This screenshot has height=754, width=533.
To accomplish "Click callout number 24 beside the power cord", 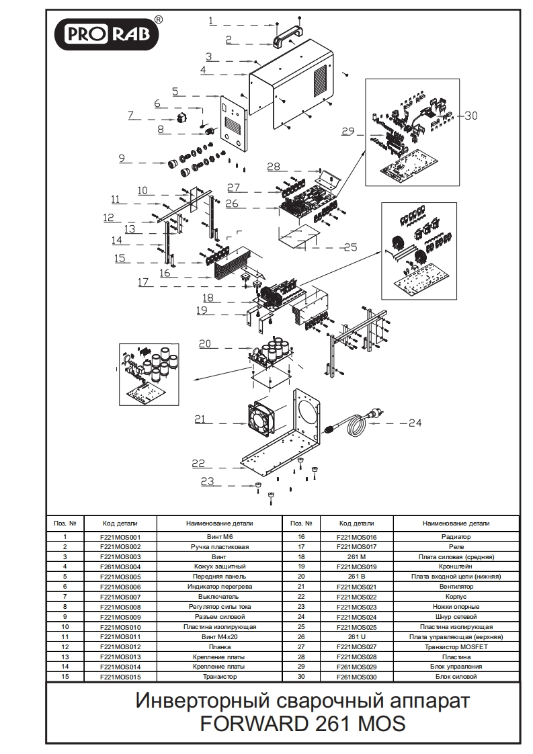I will [415, 423].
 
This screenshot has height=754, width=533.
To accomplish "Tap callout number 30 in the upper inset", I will [470, 116].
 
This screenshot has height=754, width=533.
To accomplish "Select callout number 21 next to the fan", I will [200, 419].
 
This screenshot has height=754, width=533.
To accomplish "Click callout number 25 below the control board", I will [350, 247].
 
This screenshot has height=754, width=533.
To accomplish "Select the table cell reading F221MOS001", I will [120, 537].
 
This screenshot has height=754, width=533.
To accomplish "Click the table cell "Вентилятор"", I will [456, 587].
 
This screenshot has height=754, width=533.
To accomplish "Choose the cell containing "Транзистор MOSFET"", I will [456, 646].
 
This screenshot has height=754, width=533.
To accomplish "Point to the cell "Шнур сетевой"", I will [456, 617].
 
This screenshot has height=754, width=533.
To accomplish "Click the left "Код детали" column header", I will [120, 523].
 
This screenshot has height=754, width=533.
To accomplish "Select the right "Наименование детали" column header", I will [456, 523].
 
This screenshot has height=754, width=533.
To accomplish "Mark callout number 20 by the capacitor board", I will [204, 343].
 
